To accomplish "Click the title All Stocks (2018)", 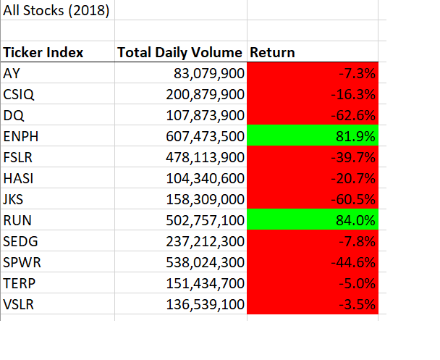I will (56, 12).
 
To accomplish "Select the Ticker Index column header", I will (43, 53).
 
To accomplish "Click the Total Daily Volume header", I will (180, 53).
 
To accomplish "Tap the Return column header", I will (272, 53).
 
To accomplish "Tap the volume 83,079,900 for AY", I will (209, 73).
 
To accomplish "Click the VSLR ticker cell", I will (19, 304).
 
